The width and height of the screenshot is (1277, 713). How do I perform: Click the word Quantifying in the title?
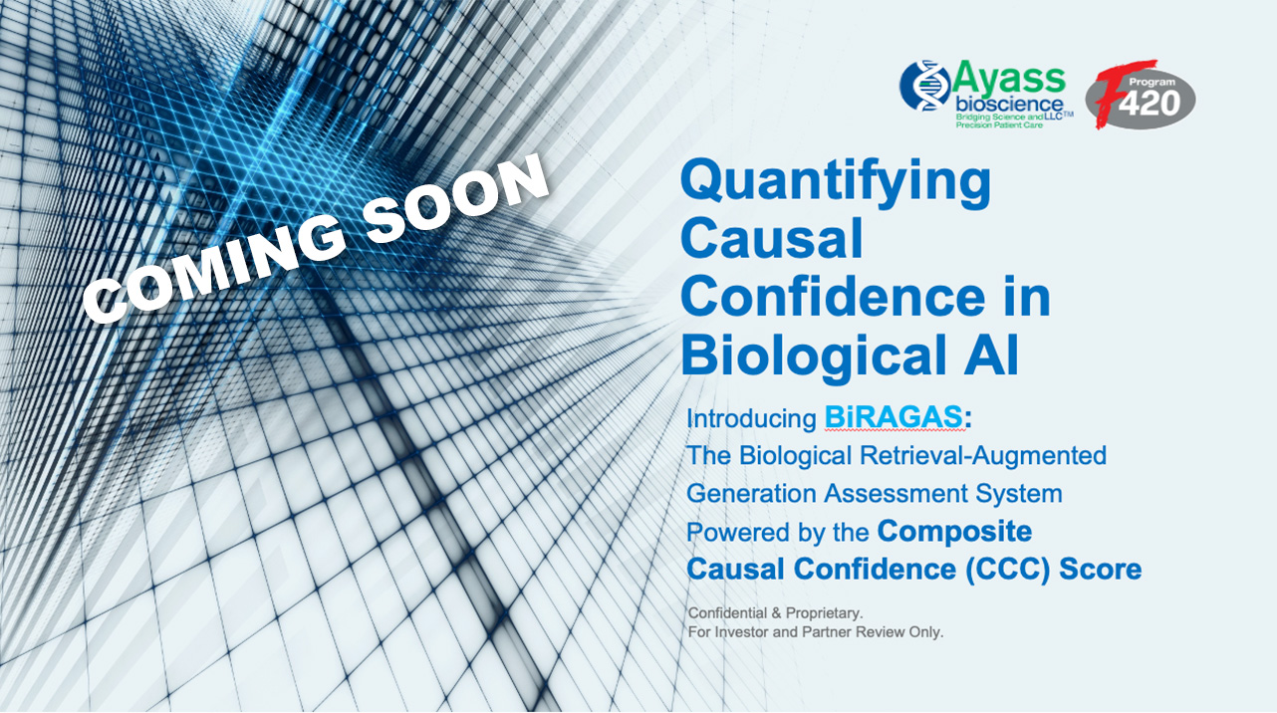pos(836,184)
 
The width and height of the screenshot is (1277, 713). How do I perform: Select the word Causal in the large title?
pos(772,239)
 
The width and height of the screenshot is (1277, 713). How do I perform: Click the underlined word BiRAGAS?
pos(894,418)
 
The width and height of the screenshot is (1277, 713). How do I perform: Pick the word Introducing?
pos(751,419)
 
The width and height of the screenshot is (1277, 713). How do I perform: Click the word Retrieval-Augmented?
pos(983,455)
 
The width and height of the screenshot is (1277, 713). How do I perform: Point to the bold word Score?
pos(1101,570)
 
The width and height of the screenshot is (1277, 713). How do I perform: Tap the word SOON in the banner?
pos(455,195)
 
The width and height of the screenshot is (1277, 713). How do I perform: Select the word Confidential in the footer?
pos(727,613)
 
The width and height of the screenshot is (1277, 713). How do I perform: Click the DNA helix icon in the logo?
pos(924,86)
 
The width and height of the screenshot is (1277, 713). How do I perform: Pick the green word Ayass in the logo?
pos(1008,79)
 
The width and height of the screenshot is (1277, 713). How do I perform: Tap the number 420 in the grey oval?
pos(1149,104)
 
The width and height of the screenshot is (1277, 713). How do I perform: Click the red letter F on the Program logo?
pos(1118,93)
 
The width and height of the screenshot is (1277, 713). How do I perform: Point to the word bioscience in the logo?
pos(1009,105)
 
